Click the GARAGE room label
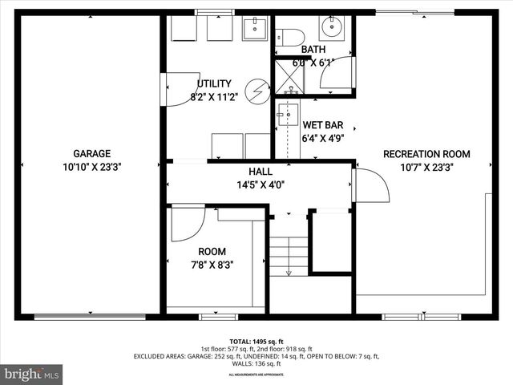pyautogui.click(x=91, y=154)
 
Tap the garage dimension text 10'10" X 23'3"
pyautogui.click(x=91, y=168)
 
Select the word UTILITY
pyautogui.click(x=214, y=83)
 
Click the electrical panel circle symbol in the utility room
pyautogui.click(x=256, y=89)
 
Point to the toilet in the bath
pyautogui.click(x=289, y=36)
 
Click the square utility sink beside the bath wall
pyautogui.click(x=256, y=28)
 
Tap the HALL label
pyautogui.click(x=260, y=172)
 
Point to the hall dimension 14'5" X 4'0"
pyautogui.click(x=260, y=184)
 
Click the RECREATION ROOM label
pyautogui.click(x=426, y=154)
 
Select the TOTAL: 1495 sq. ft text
pyautogui.click(x=256, y=341)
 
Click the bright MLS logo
pyautogui.click(x=32, y=374)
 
